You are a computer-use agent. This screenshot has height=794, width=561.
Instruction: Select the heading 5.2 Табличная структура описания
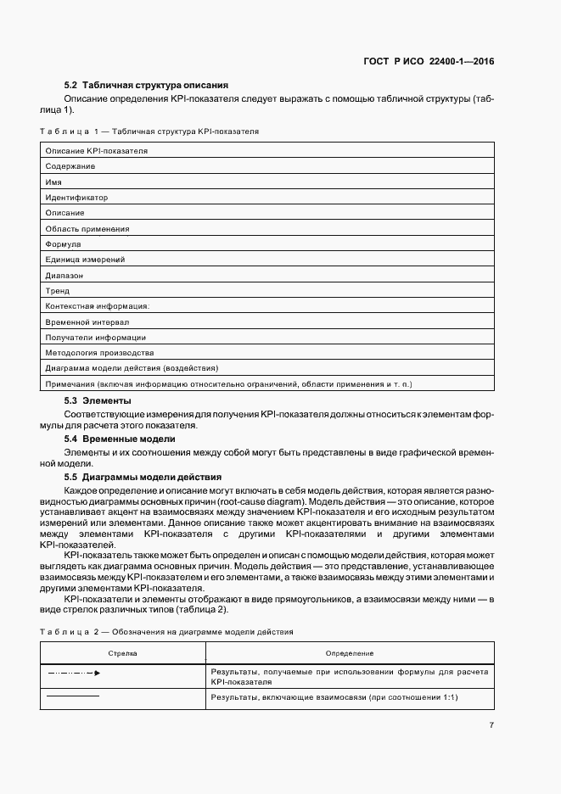[x=146, y=86]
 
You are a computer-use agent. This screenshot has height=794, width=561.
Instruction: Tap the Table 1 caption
[x=149, y=132]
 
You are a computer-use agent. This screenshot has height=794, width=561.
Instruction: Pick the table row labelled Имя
[x=53, y=182]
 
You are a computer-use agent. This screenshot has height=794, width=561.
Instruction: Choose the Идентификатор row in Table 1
[x=76, y=198]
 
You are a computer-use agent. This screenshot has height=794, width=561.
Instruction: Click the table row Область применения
[x=87, y=229]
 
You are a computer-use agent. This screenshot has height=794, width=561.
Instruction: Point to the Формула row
[x=63, y=244]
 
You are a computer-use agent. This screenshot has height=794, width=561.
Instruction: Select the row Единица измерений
[x=85, y=260]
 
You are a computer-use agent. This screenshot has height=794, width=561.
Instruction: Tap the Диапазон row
[x=65, y=276]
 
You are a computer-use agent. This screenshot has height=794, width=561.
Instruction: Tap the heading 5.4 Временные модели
[x=120, y=439]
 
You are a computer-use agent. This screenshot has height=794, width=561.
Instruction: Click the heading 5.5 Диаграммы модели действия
[x=143, y=477]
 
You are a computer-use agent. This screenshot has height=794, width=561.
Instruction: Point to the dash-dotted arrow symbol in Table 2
[x=73, y=673]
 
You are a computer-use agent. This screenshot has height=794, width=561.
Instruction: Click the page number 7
[x=491, y=725]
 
